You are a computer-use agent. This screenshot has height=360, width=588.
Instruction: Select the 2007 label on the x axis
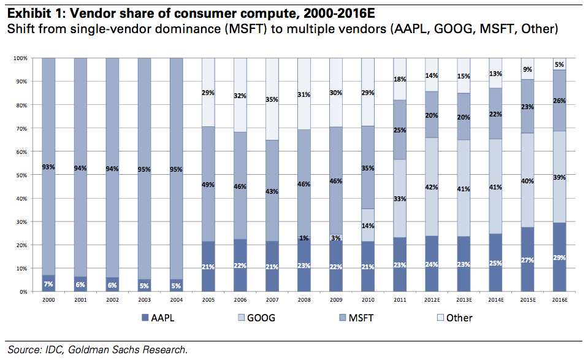(x=273, y=301)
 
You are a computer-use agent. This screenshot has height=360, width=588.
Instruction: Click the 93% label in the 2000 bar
(x=48, y=167)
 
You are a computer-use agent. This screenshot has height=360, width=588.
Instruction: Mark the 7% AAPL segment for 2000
(x=48, y=283)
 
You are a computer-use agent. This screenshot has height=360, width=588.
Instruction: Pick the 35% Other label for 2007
(x=273, y=99)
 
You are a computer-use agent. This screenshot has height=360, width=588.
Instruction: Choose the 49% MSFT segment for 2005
(x=208, y=184)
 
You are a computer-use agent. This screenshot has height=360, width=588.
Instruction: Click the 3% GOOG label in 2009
(x=337, y=237)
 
